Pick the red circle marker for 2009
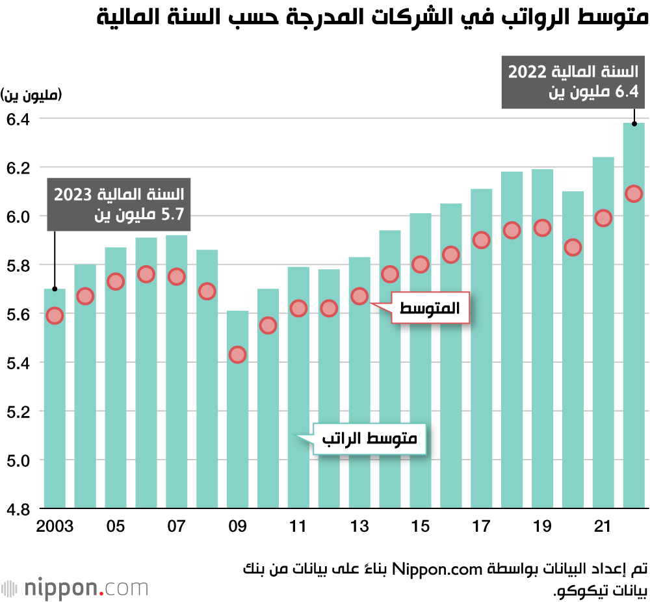tap(238, 355)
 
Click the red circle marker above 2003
tap(55, 316)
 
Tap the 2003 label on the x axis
tap(56, 526)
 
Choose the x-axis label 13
tap(359, 526)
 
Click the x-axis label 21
tap(603, 526)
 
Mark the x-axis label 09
tap(238, 526)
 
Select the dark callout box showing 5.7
tap(119, 203)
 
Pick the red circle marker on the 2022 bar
tap(634, 194)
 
